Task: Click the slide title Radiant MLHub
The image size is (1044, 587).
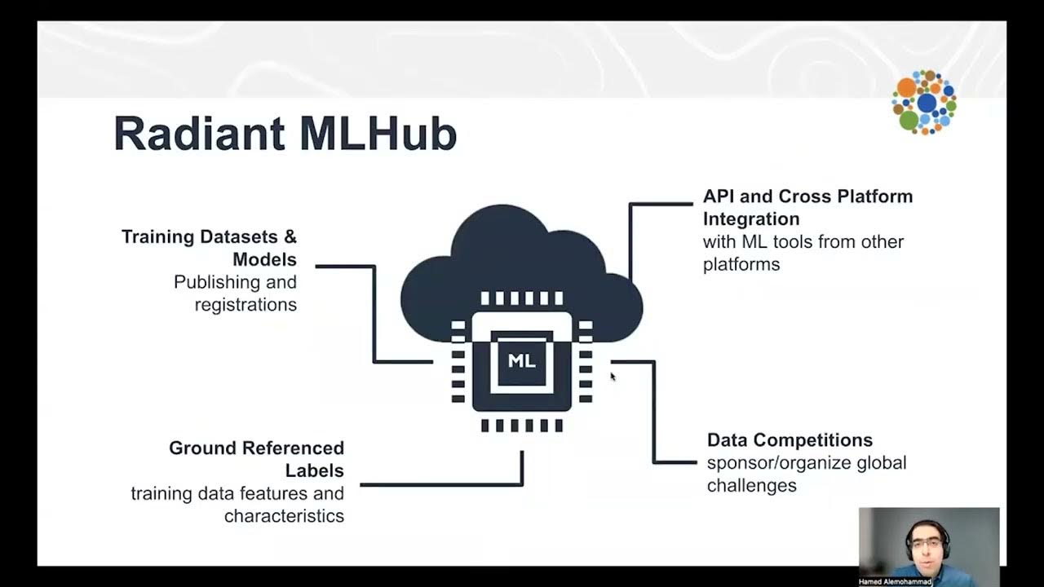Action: pos(285,135)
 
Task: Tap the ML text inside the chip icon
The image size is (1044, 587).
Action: pos(522,360)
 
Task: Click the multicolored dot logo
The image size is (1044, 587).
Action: pos(924,103)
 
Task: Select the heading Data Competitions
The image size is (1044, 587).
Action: pos(790,440)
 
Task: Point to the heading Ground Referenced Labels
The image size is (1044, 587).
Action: pos(256,459)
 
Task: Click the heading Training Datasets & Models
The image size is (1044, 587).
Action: pos(209,248)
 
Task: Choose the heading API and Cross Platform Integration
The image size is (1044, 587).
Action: pos(807,207)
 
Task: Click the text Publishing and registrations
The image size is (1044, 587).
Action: pos(235,293)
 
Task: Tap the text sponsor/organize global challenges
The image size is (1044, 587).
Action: pos(806,474)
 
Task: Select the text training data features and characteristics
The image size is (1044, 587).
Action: pos(237,505)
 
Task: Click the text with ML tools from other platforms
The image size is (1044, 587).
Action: pos(803,253)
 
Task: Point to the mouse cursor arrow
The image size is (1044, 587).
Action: pos(613,376)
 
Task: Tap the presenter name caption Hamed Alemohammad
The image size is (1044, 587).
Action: pos(895,582)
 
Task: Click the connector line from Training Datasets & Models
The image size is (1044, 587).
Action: pos(374,314)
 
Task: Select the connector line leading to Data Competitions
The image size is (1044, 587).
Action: pos(653,412)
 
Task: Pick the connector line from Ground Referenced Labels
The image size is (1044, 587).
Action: pos(440,484)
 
